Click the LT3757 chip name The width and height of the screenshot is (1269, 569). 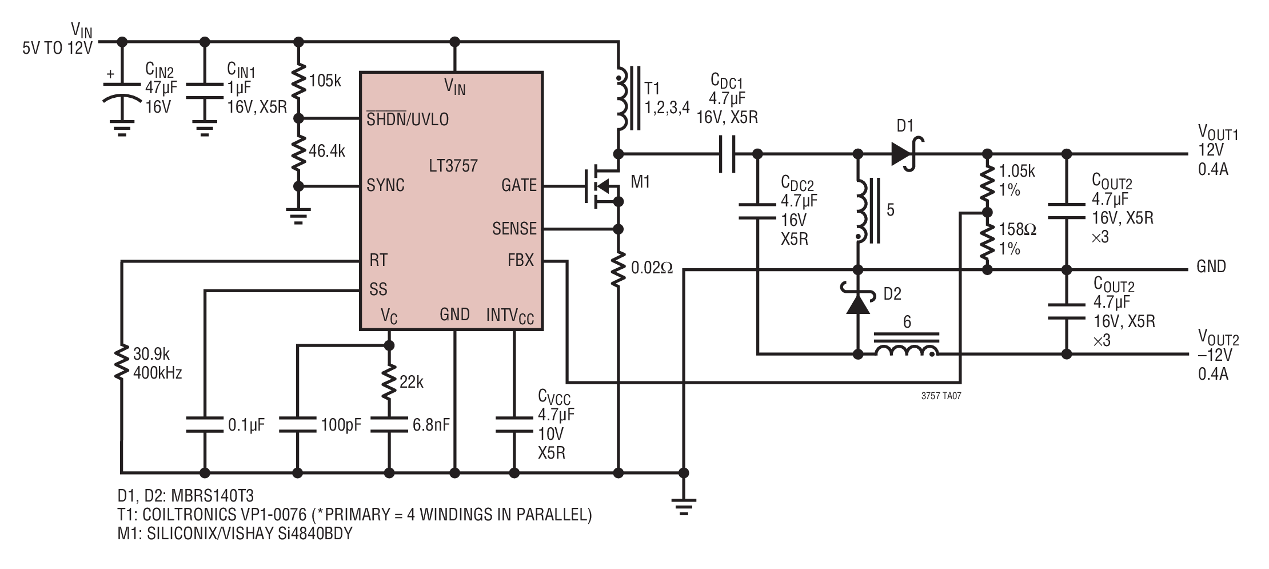[x=453, y=166]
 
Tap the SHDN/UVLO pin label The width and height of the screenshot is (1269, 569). [x=408, y=119]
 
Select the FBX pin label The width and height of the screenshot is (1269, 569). [x=520, y=260]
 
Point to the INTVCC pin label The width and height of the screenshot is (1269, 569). [x=510, y=315]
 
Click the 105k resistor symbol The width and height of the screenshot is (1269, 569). [x=298, y=82]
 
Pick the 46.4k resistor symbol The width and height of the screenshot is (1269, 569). [x=298, y=152]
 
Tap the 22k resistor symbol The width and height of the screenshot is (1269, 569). [x=389, y=382]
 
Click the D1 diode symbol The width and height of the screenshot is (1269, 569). [x=907, y=154]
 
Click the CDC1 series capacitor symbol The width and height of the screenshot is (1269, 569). [x=727, y=154]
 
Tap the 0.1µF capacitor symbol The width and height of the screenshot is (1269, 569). [x=204, y=424]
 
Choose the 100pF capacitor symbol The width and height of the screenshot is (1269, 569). [x=297, y=424]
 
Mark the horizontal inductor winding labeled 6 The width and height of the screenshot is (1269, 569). [x=908, y=347]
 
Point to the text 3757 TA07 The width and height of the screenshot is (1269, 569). [x=941, y=395]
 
